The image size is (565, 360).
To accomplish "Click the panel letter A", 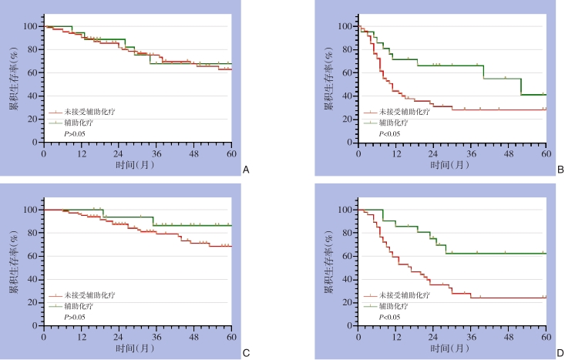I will tap(245, 169).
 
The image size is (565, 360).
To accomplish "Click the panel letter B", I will tap(560, 169).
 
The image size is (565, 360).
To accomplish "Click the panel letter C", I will tap(245, 352).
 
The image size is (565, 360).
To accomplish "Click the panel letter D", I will tap(560, 352).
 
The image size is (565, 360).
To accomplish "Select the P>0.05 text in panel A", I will tap(74, 133).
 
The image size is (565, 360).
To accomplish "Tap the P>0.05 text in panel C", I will tap(74, 317).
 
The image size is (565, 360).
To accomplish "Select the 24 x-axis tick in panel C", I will tap(119, 336).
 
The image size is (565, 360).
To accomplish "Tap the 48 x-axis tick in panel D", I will tap(509, 336).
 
